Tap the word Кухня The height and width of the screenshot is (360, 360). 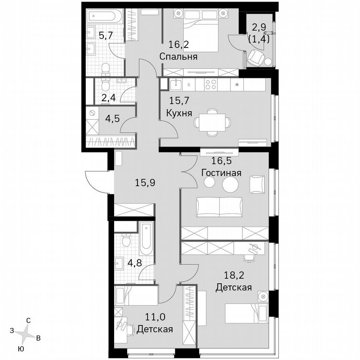pos(179,112)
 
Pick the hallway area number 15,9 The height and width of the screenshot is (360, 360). pos(145,182)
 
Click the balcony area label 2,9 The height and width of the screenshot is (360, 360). pos(258,28)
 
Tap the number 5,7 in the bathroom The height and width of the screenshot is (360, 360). pos(105,35)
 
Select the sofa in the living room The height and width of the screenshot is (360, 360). pos(219,207)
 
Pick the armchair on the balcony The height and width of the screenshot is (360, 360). pos(255,59)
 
